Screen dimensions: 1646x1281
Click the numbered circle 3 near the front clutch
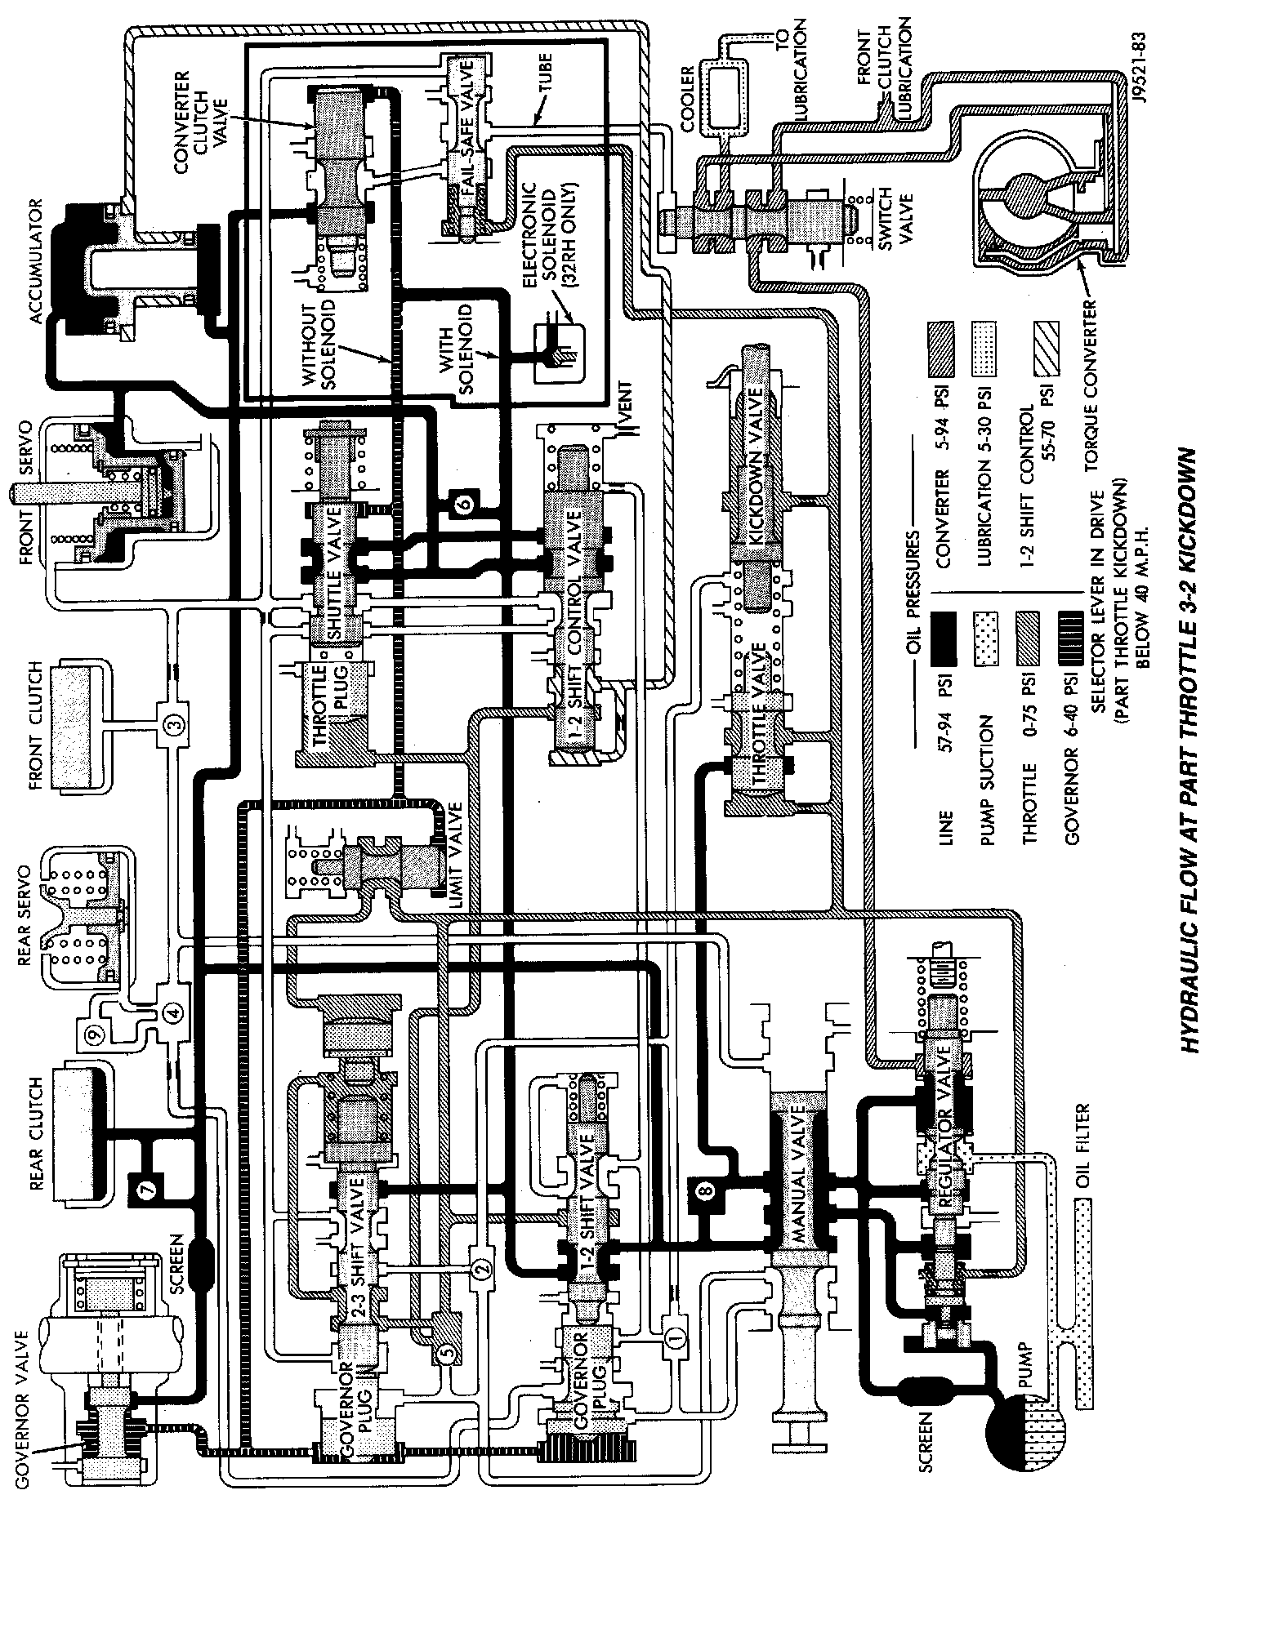pyautogui.click(x=173, y=722)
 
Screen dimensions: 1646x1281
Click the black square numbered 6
pyautogui.click(x=463, y=505)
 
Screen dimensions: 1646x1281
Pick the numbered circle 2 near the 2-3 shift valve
pyautogui.click(x=481, y=1268)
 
